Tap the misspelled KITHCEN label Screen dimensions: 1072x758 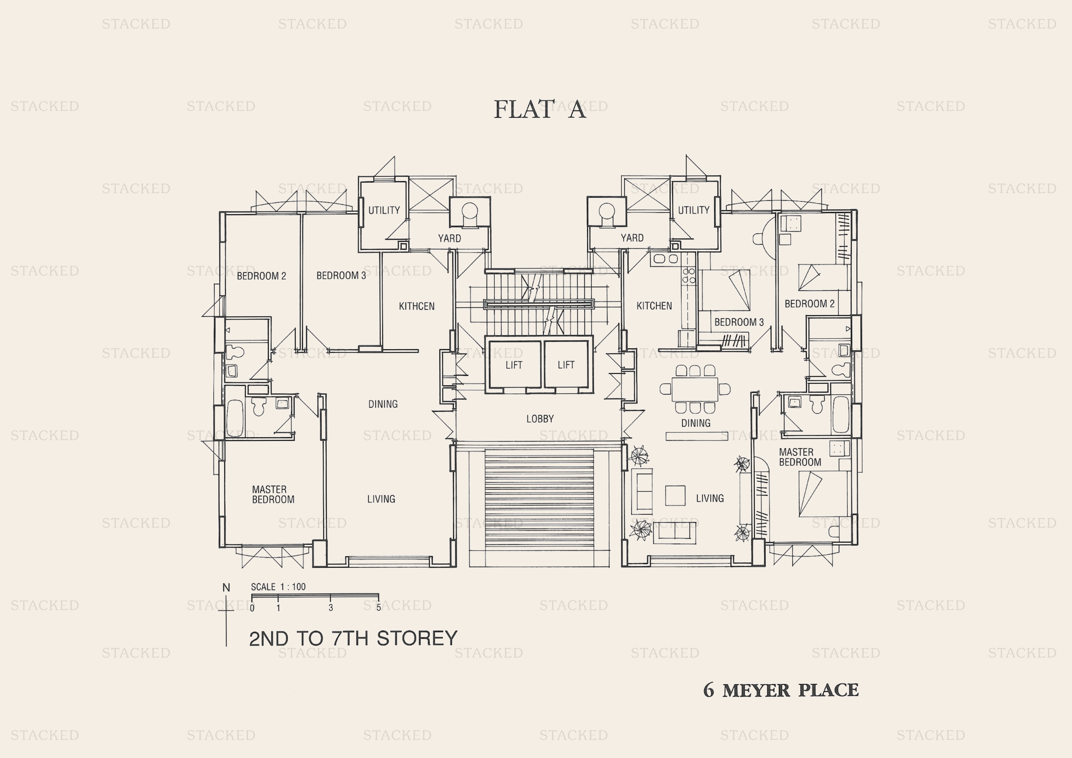pos(417,306)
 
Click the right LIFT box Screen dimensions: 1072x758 pos(566,365)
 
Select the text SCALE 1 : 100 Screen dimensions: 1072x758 pos(278,587)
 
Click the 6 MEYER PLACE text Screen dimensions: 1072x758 pos(781,690)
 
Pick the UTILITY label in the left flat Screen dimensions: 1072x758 pos(384,210)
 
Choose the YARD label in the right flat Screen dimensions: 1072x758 pos(632,238)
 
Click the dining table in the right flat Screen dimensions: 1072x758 pos(695,389)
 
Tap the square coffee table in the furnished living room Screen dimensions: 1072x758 pos(675,495)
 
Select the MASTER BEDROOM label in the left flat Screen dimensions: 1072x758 pos(273,495)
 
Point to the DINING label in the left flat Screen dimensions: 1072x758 pos(383,404)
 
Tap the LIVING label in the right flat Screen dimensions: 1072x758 pos(710,498)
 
